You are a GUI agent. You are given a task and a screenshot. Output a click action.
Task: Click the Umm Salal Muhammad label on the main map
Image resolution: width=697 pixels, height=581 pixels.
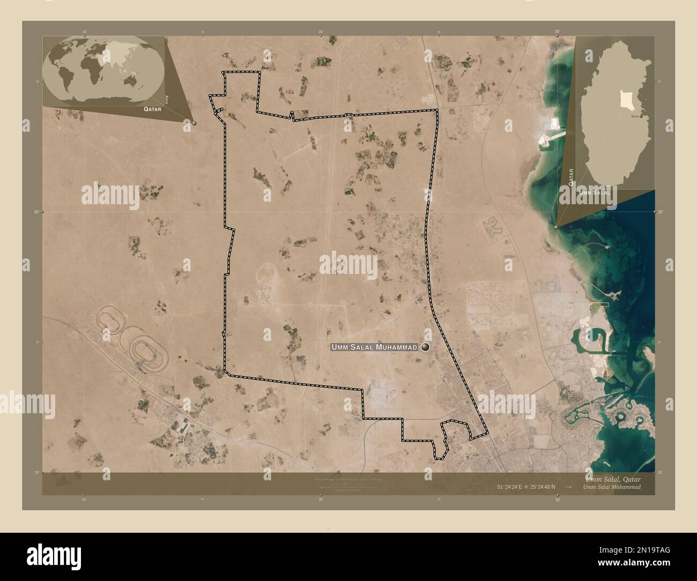coord(374,348)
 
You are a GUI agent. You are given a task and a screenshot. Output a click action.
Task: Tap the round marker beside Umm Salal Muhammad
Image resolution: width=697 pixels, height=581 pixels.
coord(426,347)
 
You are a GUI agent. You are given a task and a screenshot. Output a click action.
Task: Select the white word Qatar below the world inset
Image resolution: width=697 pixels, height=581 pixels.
coord(152,108)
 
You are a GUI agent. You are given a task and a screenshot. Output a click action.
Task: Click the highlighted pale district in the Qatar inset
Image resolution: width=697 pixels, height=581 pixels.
coord(625,99)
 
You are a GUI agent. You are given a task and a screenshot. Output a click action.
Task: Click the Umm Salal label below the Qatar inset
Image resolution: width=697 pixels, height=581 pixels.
coord(596,191)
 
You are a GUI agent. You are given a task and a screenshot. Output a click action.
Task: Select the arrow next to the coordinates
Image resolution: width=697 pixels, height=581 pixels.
coord(568,487)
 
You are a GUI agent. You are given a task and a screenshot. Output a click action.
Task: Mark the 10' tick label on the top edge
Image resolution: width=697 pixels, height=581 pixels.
coord(84,32)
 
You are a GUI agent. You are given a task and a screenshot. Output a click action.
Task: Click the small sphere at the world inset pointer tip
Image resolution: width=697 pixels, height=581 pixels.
coord(194,123)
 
